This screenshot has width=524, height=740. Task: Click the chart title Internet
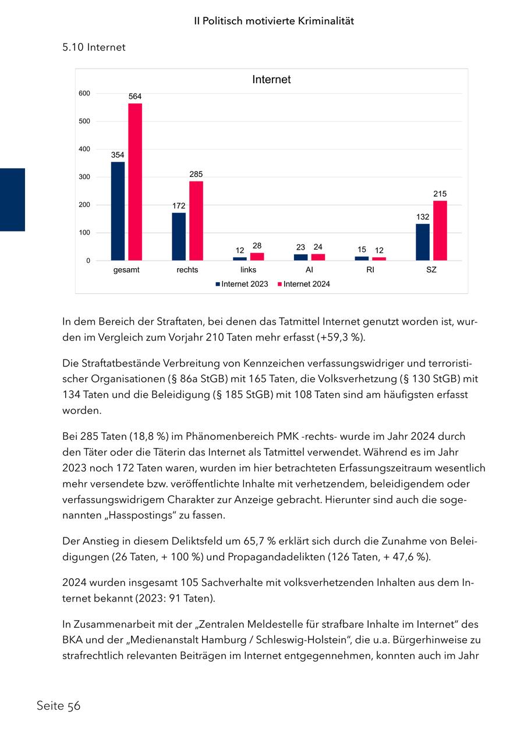[271, 80]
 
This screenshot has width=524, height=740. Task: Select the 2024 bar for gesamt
[135, 182]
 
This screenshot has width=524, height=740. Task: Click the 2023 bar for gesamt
[118, 211]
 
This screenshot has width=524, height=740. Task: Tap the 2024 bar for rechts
[196, 221]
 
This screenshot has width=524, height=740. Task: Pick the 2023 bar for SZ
[423, 242]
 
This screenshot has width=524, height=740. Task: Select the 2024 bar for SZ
[440, 231]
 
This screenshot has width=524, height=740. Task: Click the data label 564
[135, 97]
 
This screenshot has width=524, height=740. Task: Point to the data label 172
[179, 206]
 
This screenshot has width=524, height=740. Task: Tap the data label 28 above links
[257, 246]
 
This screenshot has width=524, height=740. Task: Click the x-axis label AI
[309, 270]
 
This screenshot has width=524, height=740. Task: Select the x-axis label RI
[370, 270]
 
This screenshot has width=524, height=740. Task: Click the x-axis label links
[248, 270]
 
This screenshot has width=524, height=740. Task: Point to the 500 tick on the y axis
[84, 122]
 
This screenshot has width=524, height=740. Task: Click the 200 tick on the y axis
[84, 205]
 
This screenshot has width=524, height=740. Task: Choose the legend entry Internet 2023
[242, 284]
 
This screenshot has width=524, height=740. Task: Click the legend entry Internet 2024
[304, 284]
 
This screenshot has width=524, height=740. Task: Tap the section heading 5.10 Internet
[94, 48]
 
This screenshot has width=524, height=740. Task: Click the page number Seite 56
[58, 706]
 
